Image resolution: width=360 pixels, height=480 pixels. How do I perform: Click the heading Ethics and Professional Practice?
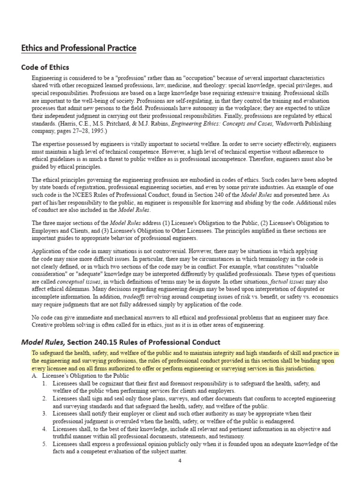78,48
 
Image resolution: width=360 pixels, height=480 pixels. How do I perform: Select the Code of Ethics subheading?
45,67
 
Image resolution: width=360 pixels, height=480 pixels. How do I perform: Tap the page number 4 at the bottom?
180,460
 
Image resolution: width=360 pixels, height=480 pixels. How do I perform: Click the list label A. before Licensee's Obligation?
35,376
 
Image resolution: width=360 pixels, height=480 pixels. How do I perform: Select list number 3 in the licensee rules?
44,413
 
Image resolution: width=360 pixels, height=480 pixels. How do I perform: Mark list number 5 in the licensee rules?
44,444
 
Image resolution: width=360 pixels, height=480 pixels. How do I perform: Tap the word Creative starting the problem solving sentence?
45,325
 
